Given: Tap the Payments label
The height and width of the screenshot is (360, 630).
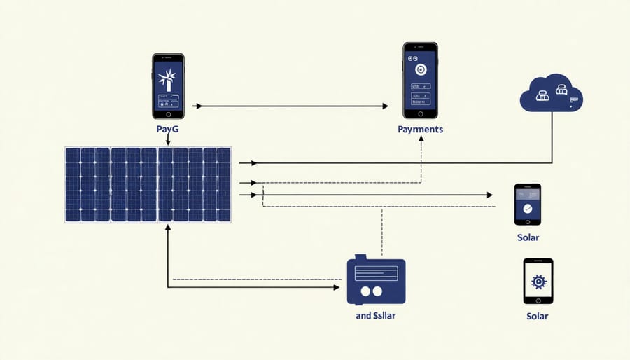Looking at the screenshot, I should tap(420, 130).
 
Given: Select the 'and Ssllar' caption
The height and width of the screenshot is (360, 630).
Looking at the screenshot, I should tap(376, 315).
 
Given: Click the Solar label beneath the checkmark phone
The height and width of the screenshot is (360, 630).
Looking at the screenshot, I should tap(528, 238).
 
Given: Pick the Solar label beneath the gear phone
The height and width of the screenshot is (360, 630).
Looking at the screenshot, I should tap(538, 316).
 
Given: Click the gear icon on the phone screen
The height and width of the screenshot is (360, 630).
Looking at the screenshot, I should tap(538, 281).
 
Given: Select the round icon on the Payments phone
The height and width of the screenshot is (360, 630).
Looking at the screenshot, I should tap(420, 70).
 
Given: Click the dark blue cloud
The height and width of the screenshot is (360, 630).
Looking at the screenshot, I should tap(552, 94).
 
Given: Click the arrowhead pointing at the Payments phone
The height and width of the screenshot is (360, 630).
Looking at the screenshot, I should tap(384, 106).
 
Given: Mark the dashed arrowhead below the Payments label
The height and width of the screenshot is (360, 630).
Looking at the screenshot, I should tap(421, 139).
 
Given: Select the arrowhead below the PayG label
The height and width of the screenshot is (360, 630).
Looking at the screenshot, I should tap(168, 143).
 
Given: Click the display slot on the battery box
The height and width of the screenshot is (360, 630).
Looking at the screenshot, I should tap(374, 270).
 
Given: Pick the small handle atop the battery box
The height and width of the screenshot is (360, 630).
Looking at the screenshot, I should tap(360, 258).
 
